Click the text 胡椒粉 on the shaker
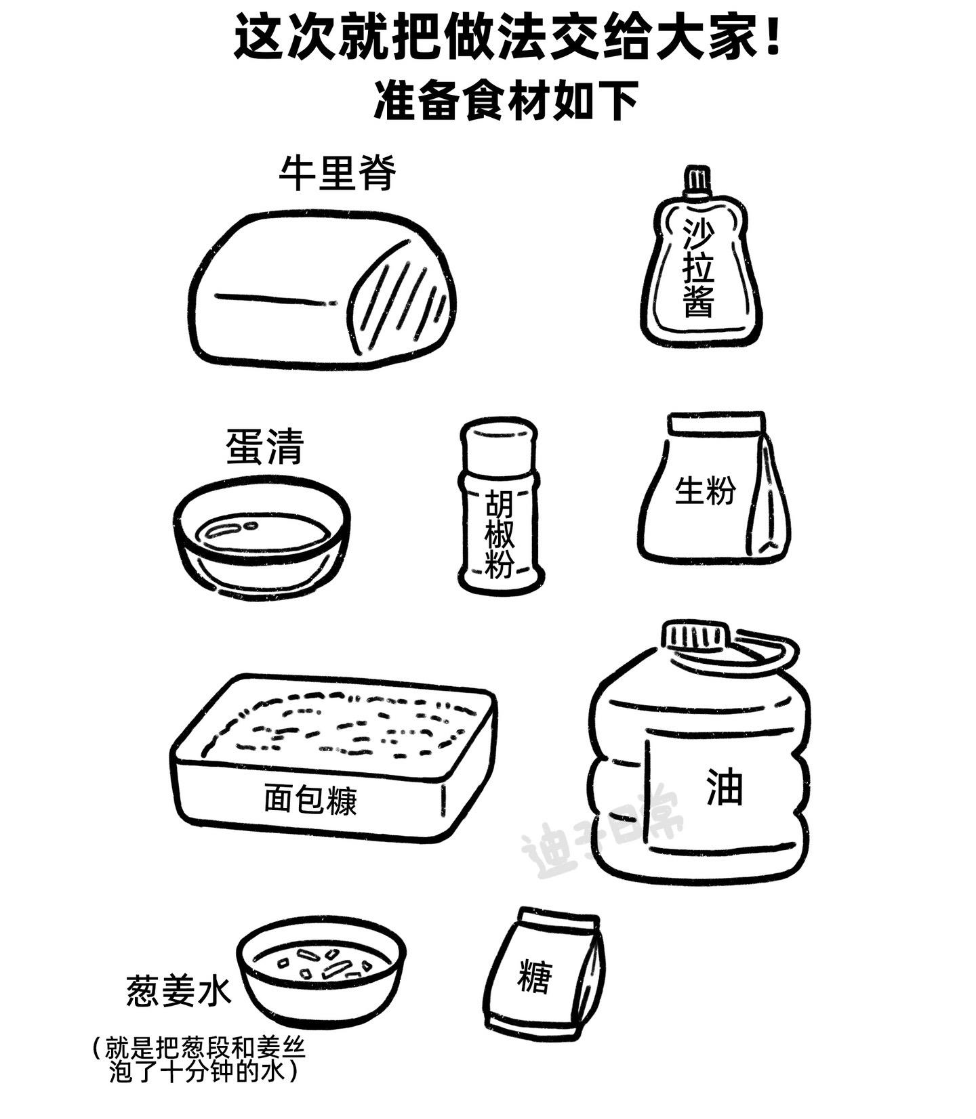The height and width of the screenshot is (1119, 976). (500, 534)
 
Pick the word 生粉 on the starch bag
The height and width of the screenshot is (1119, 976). (704, 490)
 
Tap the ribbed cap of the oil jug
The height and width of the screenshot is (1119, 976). (695, 636)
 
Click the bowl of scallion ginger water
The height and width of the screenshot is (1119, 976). (322, 975)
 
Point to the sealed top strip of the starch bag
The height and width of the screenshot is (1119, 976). (716, 423)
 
